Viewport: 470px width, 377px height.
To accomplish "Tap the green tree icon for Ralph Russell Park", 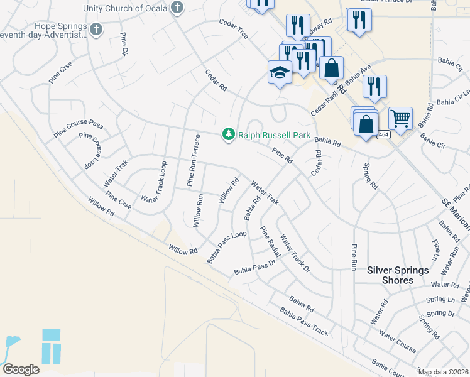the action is click(x=229, y=134).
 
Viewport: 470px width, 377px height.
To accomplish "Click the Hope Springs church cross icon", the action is click(x=96, y=29).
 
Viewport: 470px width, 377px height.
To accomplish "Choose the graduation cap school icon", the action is click(x=278, y=73).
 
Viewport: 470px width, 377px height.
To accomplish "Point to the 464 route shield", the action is click(x=384, y=134).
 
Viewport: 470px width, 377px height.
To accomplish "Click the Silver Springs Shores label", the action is click(x=398, y=275).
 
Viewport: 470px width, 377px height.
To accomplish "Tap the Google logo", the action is click(x=21, y=369).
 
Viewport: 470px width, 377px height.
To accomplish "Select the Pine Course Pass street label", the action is click(x=78, y=128).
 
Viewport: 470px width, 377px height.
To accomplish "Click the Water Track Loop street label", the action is click(x=155, y=182).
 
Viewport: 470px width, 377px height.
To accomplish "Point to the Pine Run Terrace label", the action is click(x=193, y=160).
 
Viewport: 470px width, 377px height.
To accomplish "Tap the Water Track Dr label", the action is click(x=295, y=253).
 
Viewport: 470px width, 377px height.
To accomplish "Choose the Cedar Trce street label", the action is click(x=234, y=30).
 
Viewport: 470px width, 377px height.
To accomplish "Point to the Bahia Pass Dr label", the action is click(x=255, y=268).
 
